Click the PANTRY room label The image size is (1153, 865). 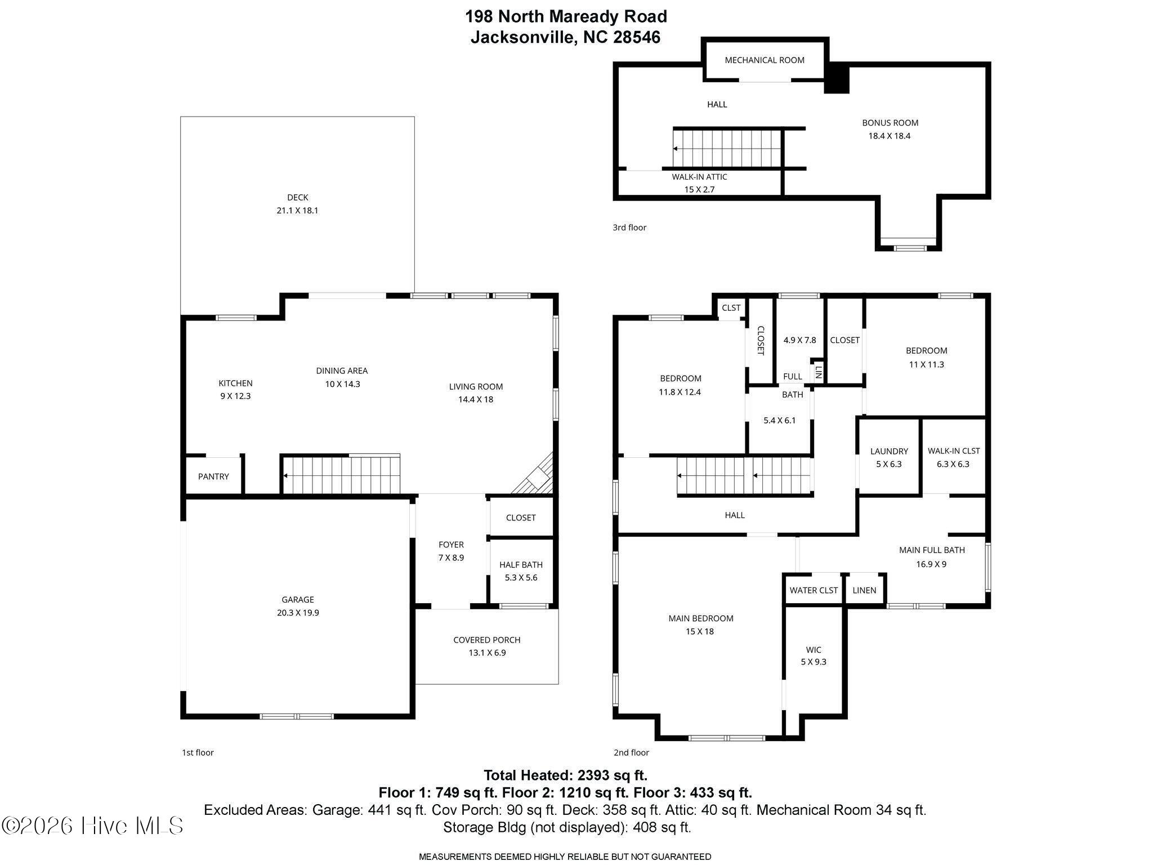click(213, 476)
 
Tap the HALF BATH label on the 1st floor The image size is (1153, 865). click(521, 565)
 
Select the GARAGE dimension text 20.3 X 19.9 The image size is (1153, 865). click(298, 613)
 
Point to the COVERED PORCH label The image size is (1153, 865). click(487, 640)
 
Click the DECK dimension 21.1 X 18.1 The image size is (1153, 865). click(298, 211)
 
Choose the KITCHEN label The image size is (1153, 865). click(235, 384)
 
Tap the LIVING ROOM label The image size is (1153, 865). click(476, 386)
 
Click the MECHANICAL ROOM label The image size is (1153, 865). click(765, 60)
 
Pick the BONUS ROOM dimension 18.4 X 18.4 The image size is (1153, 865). click(890, 136)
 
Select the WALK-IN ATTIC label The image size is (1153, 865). click(699, 177)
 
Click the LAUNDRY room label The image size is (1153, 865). click(889, 451)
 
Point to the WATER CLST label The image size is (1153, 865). click(814, 590)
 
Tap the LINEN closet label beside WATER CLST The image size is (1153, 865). click(864, 590)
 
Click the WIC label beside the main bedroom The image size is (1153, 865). click(814, 650)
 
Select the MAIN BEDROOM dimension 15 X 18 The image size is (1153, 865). click(700, 631)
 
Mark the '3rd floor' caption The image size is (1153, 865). click(629, 228)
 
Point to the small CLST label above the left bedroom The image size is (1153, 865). click(731, 307)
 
